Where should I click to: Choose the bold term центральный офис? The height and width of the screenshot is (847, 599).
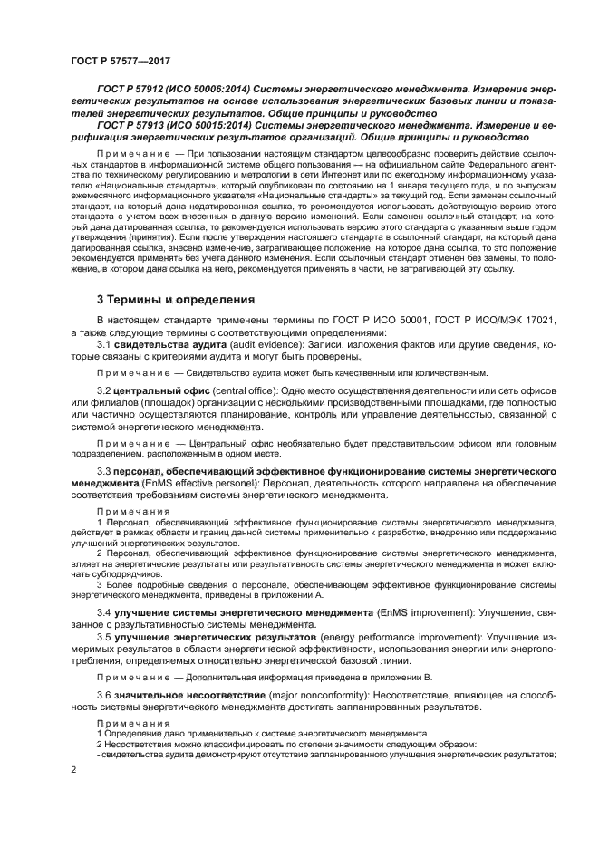click(152, 390)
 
